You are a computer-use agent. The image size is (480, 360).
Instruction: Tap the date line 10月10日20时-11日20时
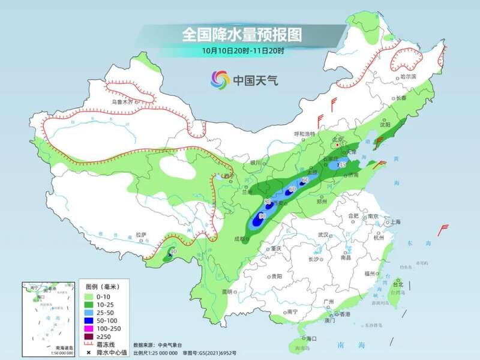pos(242,51)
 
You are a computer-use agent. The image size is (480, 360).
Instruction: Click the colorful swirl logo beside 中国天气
pos(220,79)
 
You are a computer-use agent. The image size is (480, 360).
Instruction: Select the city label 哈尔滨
pos(407,77)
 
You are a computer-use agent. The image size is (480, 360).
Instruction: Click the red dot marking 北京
pos(338,145)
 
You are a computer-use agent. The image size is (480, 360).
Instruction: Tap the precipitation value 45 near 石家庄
pos(343,164)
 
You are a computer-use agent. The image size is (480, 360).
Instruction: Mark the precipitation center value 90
pos(262,215)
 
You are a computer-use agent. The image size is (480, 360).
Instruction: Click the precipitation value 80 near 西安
pos(268,201)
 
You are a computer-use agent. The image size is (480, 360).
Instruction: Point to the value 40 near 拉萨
pos(173,252)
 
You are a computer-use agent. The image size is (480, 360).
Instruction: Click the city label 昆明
pos(226,292)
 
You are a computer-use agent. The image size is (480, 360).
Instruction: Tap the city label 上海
pos(395,221)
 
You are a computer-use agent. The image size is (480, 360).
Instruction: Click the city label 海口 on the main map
pos(310,339)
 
